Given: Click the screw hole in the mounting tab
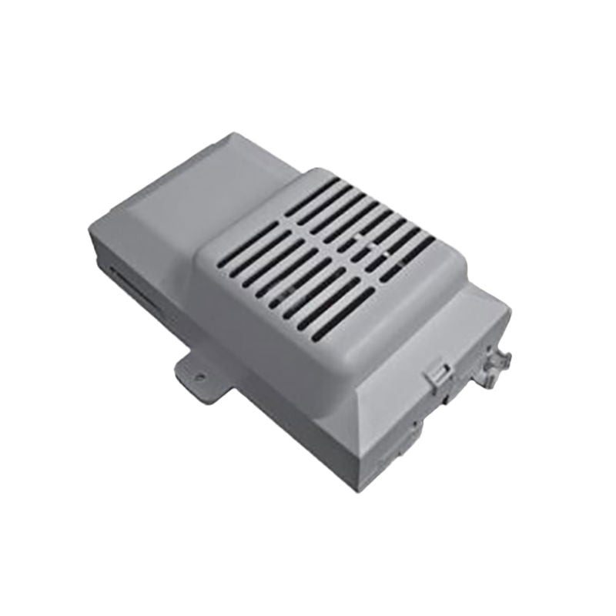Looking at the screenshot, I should [199, 377].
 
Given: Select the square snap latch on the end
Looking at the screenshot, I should [437, 375].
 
